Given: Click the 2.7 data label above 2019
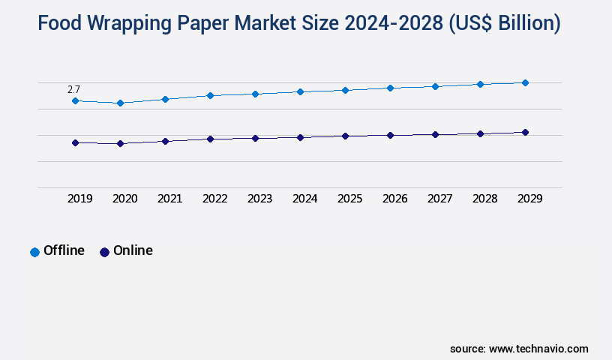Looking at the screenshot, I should [73, 89].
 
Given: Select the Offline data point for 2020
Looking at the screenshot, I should [120, 103].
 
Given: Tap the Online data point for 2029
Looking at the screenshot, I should [525, 132].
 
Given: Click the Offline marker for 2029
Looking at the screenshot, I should [525, 82].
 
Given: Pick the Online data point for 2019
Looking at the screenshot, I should [75, 142].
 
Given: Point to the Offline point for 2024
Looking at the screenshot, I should [300, 91].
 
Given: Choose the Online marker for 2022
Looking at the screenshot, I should [210, 139].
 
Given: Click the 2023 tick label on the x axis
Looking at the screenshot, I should [259, 199].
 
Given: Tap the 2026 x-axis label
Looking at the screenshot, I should [394, 199].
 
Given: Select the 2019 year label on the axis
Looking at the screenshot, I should [79, 199].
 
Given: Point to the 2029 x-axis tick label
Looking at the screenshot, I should [529, 199].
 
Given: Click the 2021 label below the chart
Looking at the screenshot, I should [169, 199].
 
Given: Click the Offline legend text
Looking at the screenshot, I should [64, 250].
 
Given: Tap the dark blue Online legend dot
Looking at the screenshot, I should [104, 252].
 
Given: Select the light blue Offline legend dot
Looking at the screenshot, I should [34, 252].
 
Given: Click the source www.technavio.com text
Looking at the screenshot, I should [519, 349].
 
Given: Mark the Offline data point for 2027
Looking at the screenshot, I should [435, 86].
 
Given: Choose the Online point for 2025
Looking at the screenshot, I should [345, 136].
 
